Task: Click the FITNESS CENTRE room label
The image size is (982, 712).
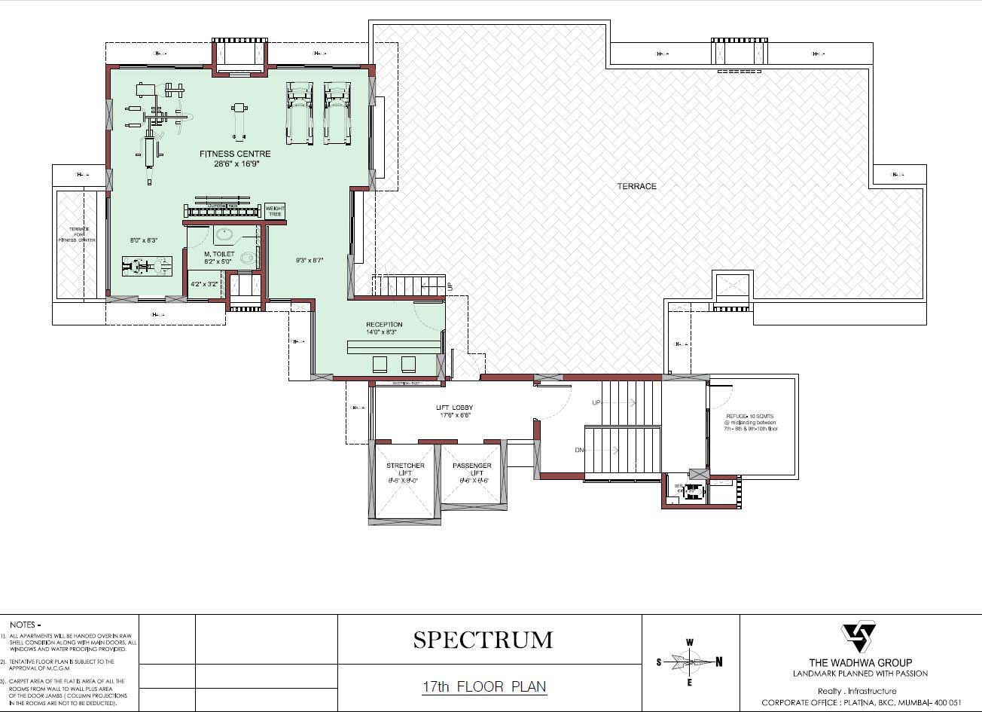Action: click(x=235, y=154)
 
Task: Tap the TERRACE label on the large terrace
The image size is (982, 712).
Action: click(x=637, y=186)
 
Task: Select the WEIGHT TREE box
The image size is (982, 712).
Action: click(x=275, y=211)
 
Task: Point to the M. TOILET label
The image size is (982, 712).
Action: click(x=220, y=255)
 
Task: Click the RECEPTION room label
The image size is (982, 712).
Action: click(x=384, y=325)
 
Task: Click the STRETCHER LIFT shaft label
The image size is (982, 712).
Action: click(x=405, y=466)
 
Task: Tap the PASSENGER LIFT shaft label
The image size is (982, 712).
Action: click(x=472, y=466)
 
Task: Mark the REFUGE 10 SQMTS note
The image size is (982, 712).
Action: click(x=750, y=416)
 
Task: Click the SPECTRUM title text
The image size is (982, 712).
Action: click(x=483, y=640)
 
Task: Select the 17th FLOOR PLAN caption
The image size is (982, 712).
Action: click(x=483, y=686)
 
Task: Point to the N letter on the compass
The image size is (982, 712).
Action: click(x=718, y=662)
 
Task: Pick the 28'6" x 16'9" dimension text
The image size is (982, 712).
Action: click(x=235, y=163)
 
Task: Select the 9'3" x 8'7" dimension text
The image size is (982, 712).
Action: click(x=309, y=260)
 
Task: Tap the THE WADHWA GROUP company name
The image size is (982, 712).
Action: click(x=860, y=663)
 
